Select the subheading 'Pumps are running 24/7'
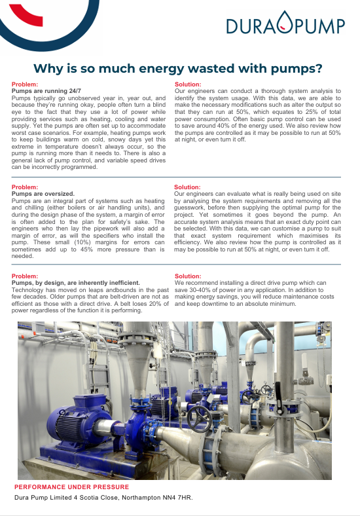47,90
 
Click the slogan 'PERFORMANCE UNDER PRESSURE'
72,487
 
